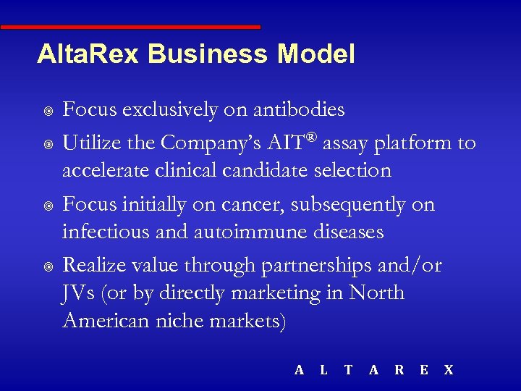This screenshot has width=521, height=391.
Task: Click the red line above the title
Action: pyautogui.click(x=130, y=27)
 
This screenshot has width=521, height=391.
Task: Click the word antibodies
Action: pyautogui.click(x=297, y=110)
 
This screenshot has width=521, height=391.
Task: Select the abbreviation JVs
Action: pyautogui.click(x=80, y=293)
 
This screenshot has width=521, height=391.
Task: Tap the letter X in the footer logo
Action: pyautogui.click(x=449, y=370)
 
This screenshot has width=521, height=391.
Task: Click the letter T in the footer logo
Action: pyautogui.click(x=348, y=370)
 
